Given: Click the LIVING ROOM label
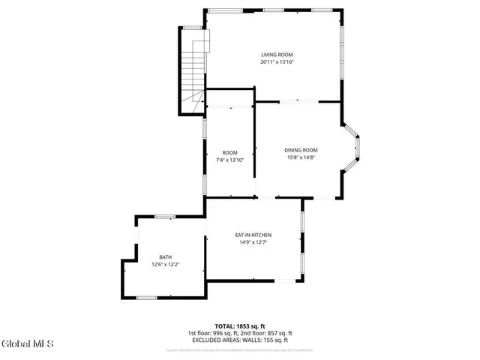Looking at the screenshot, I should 276,55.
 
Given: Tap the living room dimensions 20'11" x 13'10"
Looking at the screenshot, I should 276,62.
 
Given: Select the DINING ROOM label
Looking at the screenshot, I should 301,150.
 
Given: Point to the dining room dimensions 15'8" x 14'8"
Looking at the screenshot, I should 301,157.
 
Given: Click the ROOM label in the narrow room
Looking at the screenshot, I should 229,152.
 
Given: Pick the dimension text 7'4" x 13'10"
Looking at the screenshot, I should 229,160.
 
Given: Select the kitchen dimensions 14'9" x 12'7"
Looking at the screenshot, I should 253,242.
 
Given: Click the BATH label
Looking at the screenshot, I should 165,257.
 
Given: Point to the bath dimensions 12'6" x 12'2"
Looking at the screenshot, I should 165,265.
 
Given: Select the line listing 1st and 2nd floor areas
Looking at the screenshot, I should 239,334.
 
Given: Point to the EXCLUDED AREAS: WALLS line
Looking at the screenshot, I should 239,340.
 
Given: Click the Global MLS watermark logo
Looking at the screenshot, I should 28,344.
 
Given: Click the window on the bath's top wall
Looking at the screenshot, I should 164,217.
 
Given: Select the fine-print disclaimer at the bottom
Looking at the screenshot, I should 239,349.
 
